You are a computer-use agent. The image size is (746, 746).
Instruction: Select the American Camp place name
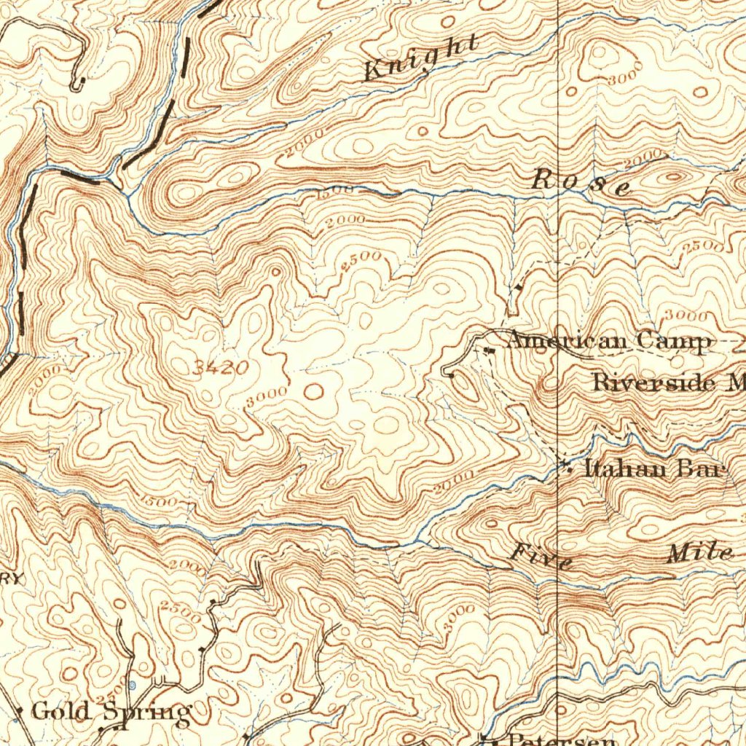[x=608, y=341]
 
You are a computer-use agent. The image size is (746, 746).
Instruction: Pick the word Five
[x=541, y=557]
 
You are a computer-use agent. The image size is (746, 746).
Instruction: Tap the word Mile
[x=699, y=554]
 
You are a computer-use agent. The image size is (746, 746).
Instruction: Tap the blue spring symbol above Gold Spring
[x=132, y=685]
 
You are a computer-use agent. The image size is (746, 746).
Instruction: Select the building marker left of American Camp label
[x=490, y=350]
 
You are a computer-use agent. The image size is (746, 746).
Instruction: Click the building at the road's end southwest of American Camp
[x=452, y=376]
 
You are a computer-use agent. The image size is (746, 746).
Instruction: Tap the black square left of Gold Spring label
[x=20, y=710]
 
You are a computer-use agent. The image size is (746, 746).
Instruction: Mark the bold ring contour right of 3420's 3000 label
[x=313, y=392]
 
